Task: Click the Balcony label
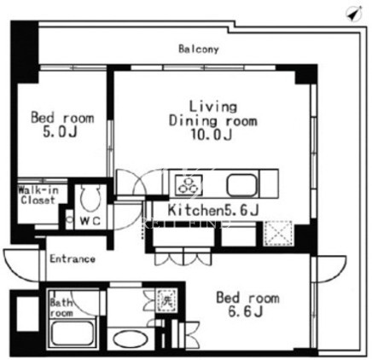tap(199, 49)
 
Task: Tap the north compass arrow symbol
tap(354, 14)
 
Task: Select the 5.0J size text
tap(60, 132)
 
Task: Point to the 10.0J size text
tap(212, 135)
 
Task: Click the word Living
tap(213, 107)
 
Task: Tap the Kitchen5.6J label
tap(213, 211)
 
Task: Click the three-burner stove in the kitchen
tap(189, 185)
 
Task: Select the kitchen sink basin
tap(241, 185)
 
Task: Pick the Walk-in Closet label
tap(38, 195)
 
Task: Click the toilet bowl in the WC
tap(90, 197)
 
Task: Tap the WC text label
tap(90, 221)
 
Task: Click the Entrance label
tap(73, 259)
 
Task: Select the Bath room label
tap(61, 308)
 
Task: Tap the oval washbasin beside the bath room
tap(131, 339)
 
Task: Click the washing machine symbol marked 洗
tap(166, 300)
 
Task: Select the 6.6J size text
tap(246, 312)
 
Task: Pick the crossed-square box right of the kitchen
tap(277, 233)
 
